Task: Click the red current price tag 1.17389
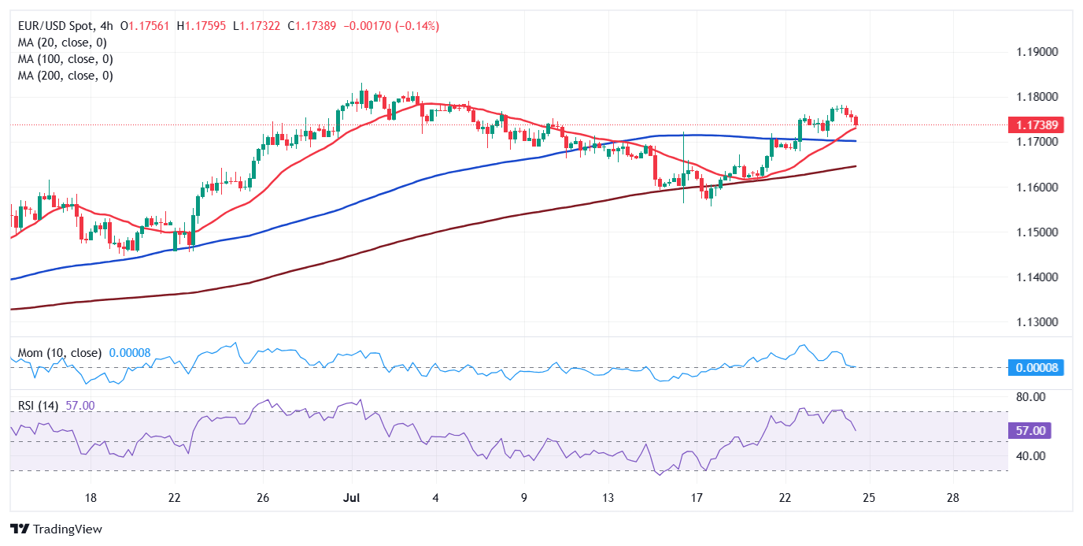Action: [1036, 124]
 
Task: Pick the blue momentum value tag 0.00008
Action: [1036, 367]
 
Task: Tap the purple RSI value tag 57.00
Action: [1030, 431]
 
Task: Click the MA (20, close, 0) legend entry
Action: [62, 43]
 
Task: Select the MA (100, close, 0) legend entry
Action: [65, 59]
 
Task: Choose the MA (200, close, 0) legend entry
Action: [65, 76]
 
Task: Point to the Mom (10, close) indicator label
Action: [60, 353]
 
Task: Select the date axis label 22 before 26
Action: [175, 498]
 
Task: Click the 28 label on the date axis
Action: [952, 498]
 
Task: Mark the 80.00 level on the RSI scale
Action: [1030, 397]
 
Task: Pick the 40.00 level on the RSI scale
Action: [1030, 455]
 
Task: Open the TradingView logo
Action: [56, 529]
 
